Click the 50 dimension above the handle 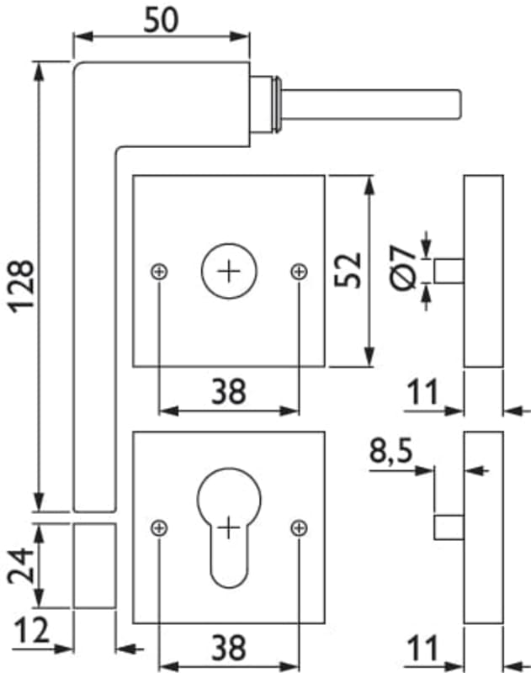(161, 19)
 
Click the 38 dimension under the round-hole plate (228, 391)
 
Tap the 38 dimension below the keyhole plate (228, 648)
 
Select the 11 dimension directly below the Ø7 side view (426, 392)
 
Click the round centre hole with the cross (228, 271)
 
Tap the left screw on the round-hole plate (159, 271)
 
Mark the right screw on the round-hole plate (298, 271)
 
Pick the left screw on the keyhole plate (159, 527)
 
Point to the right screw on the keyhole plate (298, 527)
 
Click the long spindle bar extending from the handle (370, 103)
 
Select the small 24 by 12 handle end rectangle (94, 564)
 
